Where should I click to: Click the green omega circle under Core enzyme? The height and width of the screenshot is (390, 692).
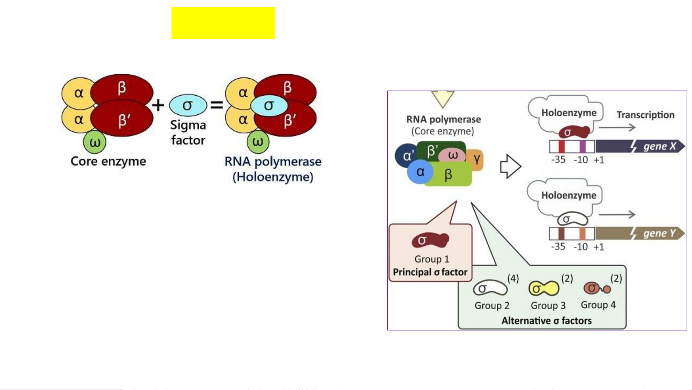[95, 142]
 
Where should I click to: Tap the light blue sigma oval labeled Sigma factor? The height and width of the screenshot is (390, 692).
[188, 105]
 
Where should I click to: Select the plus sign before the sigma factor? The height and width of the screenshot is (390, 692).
[158, 105]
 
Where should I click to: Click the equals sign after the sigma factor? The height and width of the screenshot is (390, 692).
[217, 105]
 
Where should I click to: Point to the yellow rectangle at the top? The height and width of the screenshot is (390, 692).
[223, 23]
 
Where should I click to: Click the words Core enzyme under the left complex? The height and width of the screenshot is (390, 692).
[108, 161]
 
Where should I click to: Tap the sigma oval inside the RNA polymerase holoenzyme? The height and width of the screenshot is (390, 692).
[269, 106]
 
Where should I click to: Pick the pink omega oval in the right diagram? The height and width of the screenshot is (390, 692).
[452, 155]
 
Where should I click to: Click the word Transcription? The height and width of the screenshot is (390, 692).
[645, 115]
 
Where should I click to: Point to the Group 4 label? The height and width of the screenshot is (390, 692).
[598, 305]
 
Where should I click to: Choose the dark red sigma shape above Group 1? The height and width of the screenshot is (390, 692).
[430, 240]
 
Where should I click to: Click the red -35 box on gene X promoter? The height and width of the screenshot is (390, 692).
[561, 146]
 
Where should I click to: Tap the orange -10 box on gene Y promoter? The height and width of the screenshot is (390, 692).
[582, 233]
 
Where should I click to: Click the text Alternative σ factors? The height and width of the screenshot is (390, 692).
[546, 321]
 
